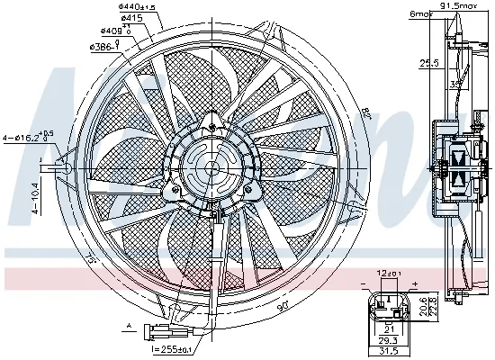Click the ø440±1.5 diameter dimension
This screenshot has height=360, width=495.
point(136,7)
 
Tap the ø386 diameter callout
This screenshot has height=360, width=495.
point(103,46)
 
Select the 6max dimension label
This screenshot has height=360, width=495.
point(420,13)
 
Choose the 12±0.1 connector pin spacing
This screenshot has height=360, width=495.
point(390,274)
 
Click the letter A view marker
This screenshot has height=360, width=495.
point(130,325)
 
